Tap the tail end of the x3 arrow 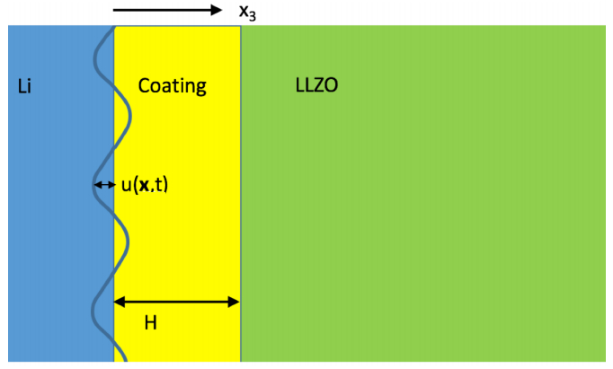(115, 11)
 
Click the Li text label (24, 87)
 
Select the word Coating (172, 86)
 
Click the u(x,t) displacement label (144, 186)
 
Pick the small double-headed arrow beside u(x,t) (104, 186)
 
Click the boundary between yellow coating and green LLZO (241, 180)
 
